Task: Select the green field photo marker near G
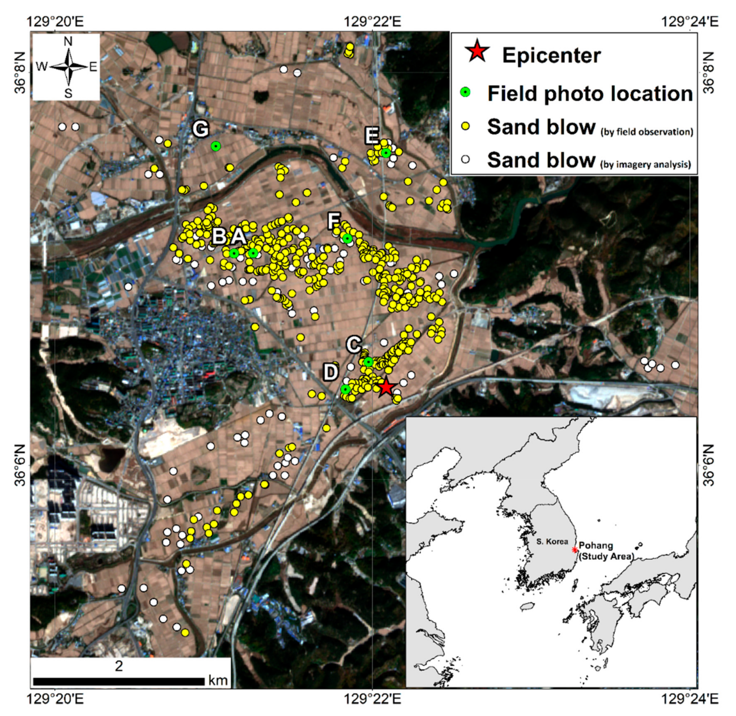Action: (215, 146)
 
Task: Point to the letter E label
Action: (372, 136)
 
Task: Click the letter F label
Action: (334, 220)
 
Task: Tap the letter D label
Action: (331, 372)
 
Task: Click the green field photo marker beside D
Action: (345, 389)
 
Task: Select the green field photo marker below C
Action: (368, 362)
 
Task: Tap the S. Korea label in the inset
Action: (552, 541)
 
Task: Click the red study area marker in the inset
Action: (574, 550)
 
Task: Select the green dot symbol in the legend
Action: (466, 93)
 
